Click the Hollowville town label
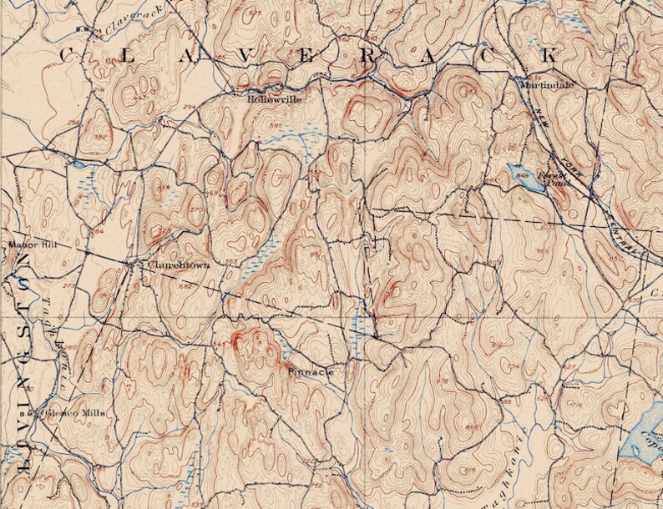273,98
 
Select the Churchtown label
179,265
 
